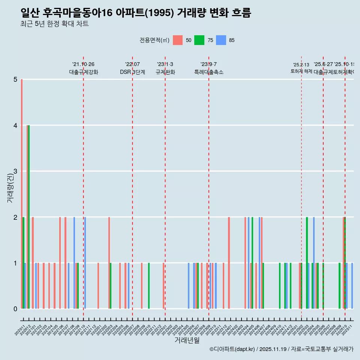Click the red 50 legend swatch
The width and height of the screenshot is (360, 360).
[178, 40]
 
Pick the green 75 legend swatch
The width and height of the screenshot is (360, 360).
[199, 40]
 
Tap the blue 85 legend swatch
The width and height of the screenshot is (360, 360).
[221, 40]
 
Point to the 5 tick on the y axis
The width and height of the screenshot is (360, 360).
[15, 79]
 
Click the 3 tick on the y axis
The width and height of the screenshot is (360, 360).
[15, 171]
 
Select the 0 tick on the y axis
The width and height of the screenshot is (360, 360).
[15, 309]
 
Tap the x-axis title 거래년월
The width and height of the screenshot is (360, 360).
[187, 340]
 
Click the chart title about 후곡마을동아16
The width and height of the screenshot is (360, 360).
[136, 13]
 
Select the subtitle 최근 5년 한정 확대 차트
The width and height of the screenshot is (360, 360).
[55, 24]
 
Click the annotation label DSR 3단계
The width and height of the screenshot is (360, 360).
[132, 72]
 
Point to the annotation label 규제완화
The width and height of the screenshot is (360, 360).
[165, 72]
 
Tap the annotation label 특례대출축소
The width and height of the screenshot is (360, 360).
[208, 72]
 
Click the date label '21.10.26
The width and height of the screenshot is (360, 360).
[83, 64]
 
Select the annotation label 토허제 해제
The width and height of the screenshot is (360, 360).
[301, 71]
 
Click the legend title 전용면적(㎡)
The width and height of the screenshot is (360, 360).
[154, 40]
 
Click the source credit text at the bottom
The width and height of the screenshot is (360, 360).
[281, 349]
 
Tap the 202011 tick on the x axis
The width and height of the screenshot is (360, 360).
[19, 330]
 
